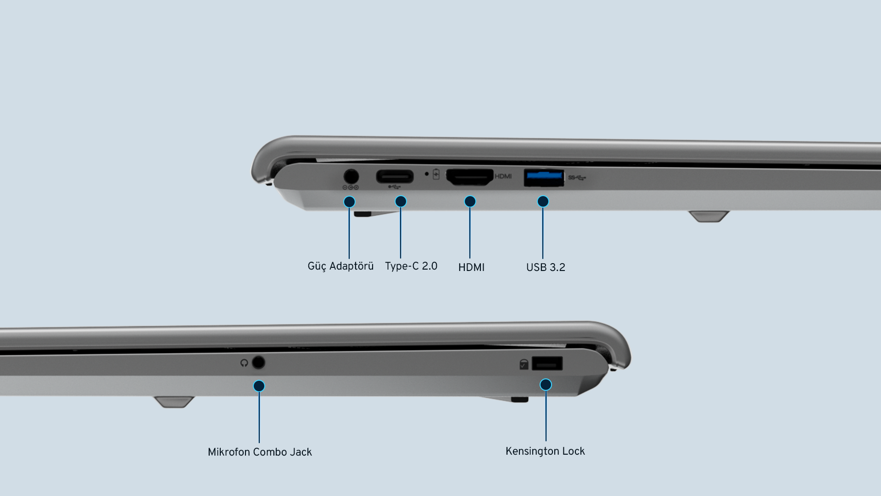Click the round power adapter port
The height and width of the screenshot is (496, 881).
coord(351,177)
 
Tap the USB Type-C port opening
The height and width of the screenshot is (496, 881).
coord(395,177)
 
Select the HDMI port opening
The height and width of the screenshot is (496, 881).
coord(470,177)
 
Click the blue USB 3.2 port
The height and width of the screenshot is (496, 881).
coord(544,178)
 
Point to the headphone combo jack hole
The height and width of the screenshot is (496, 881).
coord(259,363)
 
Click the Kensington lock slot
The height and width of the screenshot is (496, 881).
coord(547,364)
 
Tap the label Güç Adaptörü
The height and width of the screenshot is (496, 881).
coord(340,266)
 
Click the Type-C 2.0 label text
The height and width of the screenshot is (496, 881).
coord(411,266)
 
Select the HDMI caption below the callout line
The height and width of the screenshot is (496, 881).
coord(471,267)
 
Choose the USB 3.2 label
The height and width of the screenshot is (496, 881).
coord(546,267)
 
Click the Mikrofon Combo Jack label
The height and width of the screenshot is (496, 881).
coord(260,452)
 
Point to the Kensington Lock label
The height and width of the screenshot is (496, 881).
coord(545,451)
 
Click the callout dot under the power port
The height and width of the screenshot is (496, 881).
coord(349,202)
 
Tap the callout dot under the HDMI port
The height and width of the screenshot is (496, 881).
coord(470,202)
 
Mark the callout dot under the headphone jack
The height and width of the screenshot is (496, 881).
coord(259,386)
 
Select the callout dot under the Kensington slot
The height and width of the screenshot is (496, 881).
coord(546,384)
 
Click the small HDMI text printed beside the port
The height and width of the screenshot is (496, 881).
coord(503,176)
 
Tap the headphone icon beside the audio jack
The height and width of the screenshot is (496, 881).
coord(244,363)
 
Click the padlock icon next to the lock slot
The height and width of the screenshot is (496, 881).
coord(524,364)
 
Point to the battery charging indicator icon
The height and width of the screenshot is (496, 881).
coord(436,174)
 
